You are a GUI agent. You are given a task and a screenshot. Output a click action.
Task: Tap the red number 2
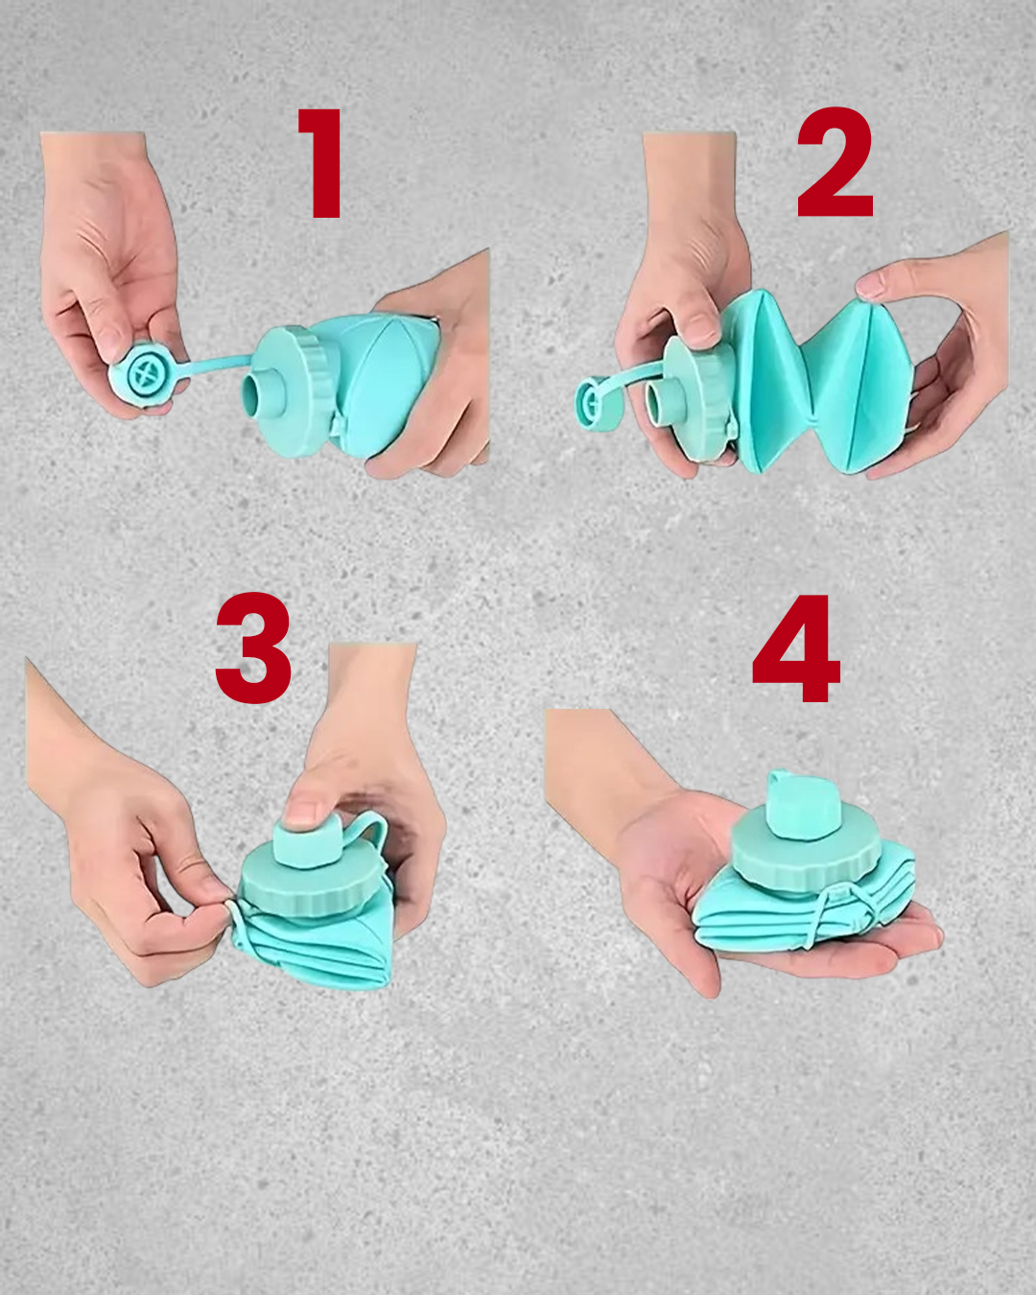835,163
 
